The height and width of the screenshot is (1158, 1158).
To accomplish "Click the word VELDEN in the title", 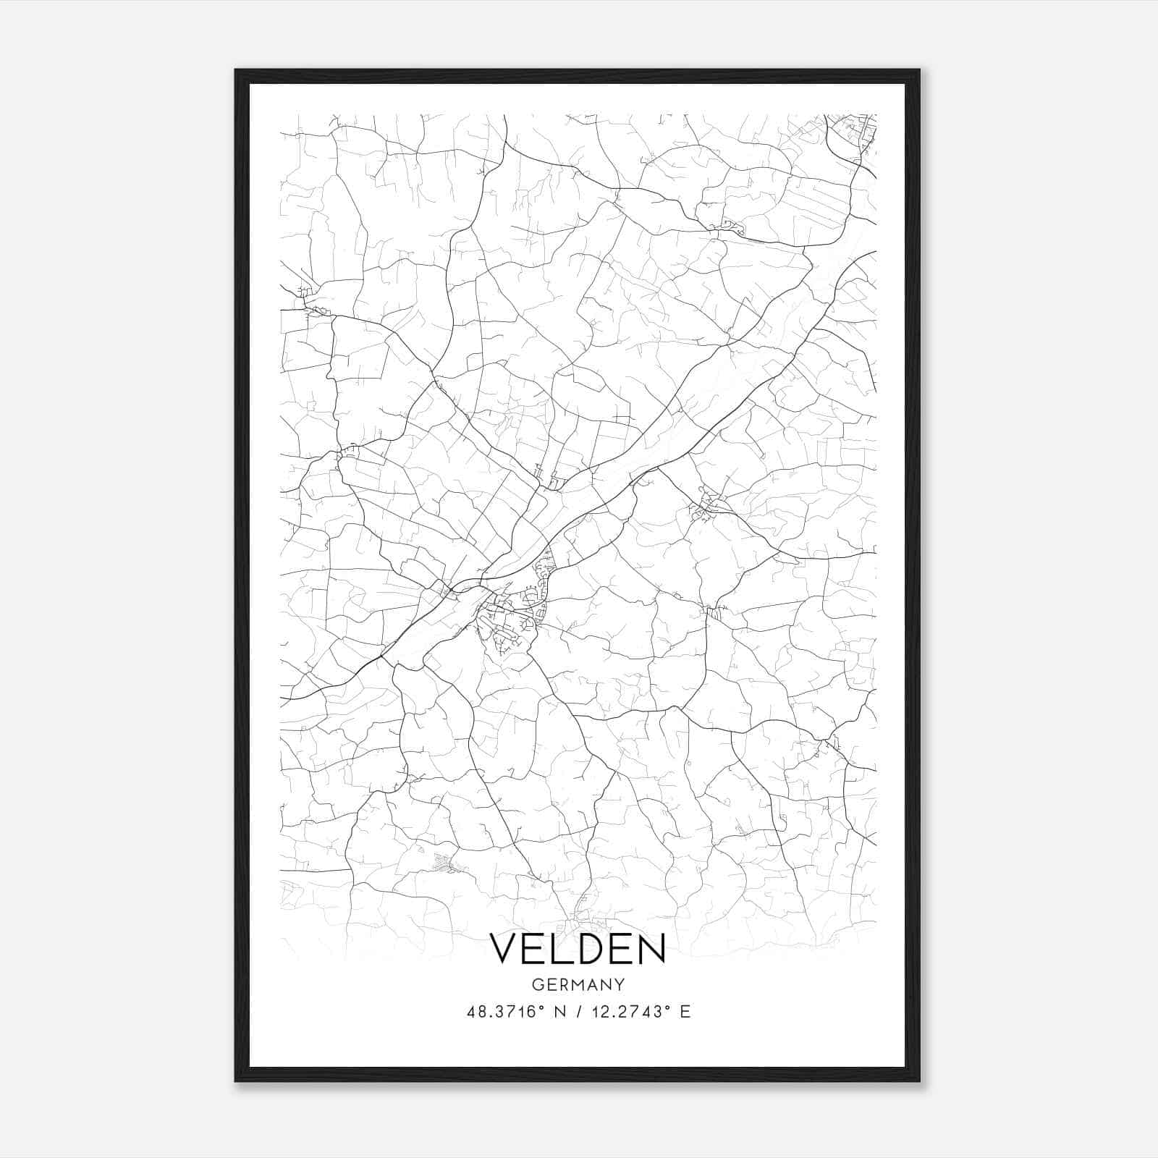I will [578, 949].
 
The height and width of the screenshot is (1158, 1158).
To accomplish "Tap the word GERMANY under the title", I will [578, 984].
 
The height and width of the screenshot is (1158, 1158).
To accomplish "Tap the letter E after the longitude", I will [685, 1012].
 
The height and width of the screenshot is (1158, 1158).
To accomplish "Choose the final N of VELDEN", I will [650, 949].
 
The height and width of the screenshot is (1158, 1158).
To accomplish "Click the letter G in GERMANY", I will [536, 984].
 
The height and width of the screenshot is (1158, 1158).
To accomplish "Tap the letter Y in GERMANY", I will [620, 984].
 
